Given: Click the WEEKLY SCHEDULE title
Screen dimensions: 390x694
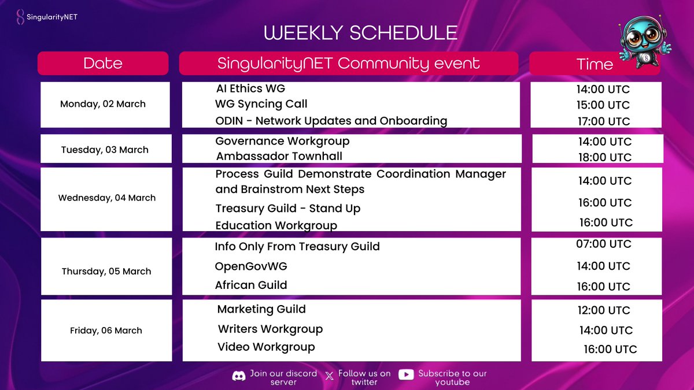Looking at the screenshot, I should click(x=361, y=32).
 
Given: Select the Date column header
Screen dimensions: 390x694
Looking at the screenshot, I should click(x=103, y=63).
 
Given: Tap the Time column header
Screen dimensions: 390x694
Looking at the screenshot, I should click(x=595, y=64).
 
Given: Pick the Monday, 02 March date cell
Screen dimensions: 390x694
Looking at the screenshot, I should click(x=103, y=104).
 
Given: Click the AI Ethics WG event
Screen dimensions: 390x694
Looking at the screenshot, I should click(x=250, y=88).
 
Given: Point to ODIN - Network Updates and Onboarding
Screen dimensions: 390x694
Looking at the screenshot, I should click(x=331, y=121).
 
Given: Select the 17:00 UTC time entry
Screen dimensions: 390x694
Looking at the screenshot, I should click(x=603, y=121).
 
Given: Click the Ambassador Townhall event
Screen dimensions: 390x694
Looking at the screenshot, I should click(x=279, y=156).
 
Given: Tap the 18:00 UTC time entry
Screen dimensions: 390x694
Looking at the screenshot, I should click(x=604, y=157).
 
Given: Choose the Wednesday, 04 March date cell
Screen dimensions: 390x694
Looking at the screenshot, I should click(x=107, y=198).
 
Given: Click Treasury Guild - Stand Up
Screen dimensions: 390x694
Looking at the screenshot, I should click(x=288, y=208).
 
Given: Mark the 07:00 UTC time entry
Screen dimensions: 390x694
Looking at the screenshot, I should click(x=603, y=244).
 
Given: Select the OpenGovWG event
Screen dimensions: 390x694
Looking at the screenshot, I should click(x=251, y=266).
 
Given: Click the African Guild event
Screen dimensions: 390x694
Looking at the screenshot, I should click(x=251, y=285).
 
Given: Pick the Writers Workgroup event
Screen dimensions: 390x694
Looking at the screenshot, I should click(x=270, y=329).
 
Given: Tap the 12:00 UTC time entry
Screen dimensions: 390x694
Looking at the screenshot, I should click(x=603, y=310).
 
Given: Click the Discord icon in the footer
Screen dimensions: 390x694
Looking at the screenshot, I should click(x=238, y=376).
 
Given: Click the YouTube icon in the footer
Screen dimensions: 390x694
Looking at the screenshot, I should click(x=406, y=375).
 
